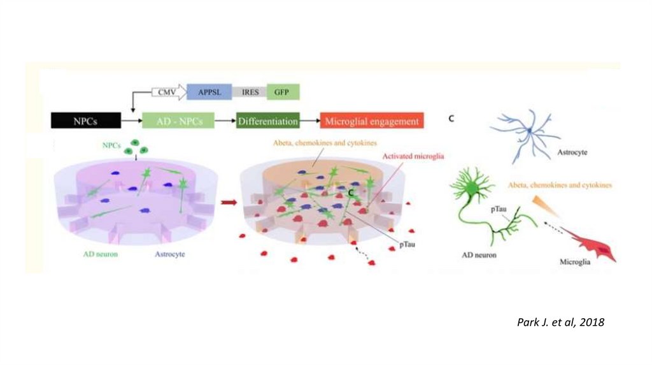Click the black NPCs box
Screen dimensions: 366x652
(x=83, y=121)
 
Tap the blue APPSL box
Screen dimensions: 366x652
(x=208, y=92)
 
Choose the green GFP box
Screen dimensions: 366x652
(x=282, y=92)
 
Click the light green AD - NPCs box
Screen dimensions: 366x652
(x=178, y=121)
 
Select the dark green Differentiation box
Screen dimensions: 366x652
(x=267, y=121)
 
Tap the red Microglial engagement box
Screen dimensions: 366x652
(x=371, y=121)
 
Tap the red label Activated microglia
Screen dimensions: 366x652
(x=413, y=156)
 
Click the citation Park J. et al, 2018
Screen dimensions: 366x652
(x=560, y=323)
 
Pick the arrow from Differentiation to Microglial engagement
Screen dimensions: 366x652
(x=309, y=121)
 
